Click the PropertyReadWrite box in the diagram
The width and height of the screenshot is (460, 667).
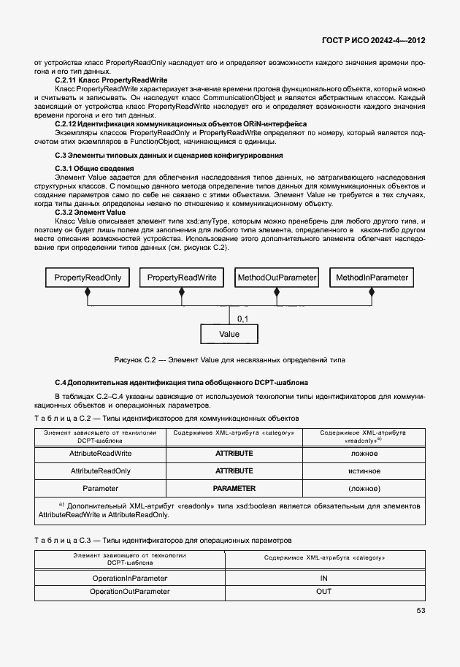[x=182, y=278]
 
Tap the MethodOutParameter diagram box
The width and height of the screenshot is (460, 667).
[x=277, y=278]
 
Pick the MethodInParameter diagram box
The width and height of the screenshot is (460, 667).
[x=372, y=278]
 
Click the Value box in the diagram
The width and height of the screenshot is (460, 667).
[x=229, y=334]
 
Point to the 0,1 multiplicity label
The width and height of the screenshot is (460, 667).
[x=243, y=319]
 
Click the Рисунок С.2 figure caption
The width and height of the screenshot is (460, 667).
[x=229, y=360]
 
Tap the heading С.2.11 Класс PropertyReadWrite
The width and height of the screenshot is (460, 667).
[x=112, y=79]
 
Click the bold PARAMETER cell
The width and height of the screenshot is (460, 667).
[x=234, y=488]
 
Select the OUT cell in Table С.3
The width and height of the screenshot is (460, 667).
[x=324, y=591]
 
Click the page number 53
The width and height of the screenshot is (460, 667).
[x=421, y=611]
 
